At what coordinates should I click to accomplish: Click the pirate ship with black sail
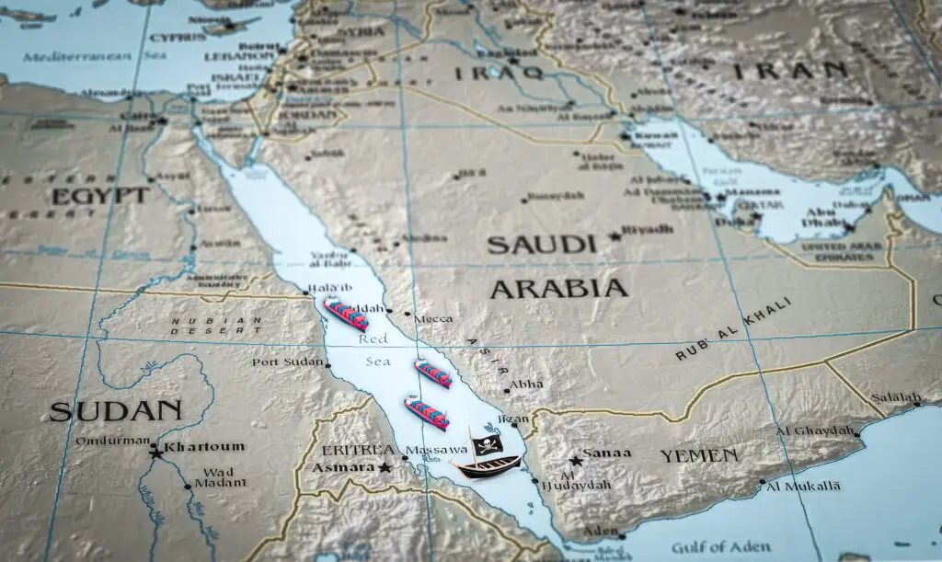click(485, 460)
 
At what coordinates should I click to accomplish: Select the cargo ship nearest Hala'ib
click(345, 314)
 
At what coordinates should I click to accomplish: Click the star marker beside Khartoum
click(155, 451)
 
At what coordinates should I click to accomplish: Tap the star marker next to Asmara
click(385, 467)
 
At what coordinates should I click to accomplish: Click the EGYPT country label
click(99, 196)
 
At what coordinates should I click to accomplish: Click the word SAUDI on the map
click(536, 246)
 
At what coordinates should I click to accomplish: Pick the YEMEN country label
click(698, 455)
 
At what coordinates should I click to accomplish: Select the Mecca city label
click(433, 319)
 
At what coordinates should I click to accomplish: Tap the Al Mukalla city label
click(803, 486)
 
